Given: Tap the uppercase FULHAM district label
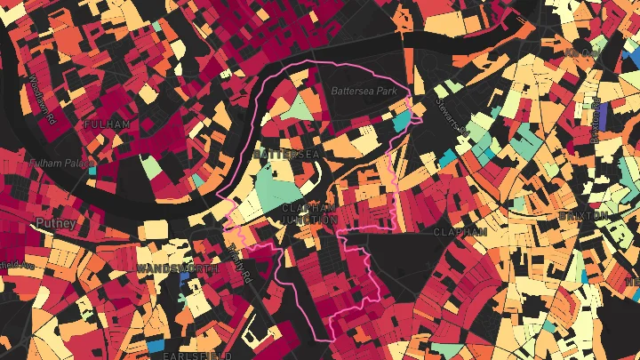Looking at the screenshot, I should (x=108, y=124).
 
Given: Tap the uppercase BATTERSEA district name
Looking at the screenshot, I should (x=285, y=154).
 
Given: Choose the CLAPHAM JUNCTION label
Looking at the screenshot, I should (x=309, y=213).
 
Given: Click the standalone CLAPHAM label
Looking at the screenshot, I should (x=460, y=231).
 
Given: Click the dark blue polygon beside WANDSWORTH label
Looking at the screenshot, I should (x=185, y=278).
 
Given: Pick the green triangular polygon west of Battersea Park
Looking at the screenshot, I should (x=302, y=109).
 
